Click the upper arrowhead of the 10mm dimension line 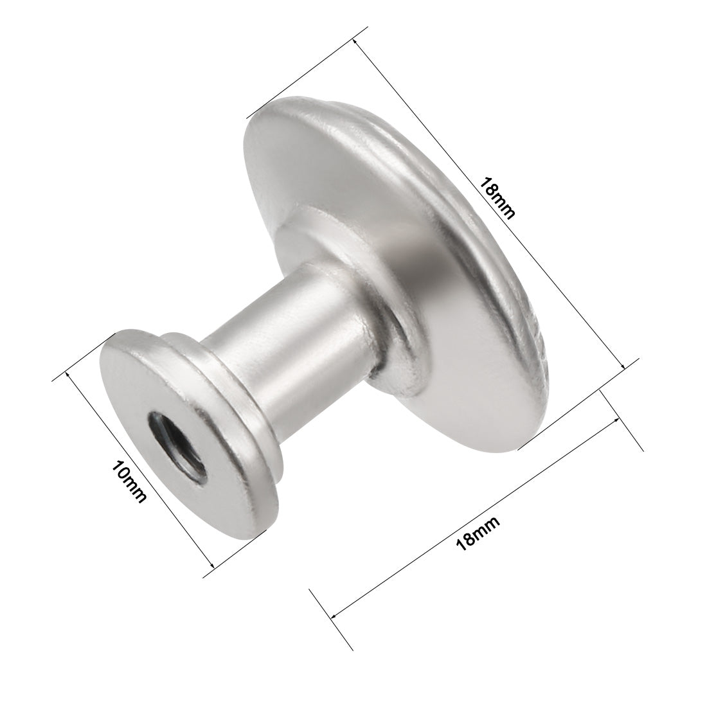[x=69, y=375]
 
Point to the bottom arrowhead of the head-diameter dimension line [x=623, y=366]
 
